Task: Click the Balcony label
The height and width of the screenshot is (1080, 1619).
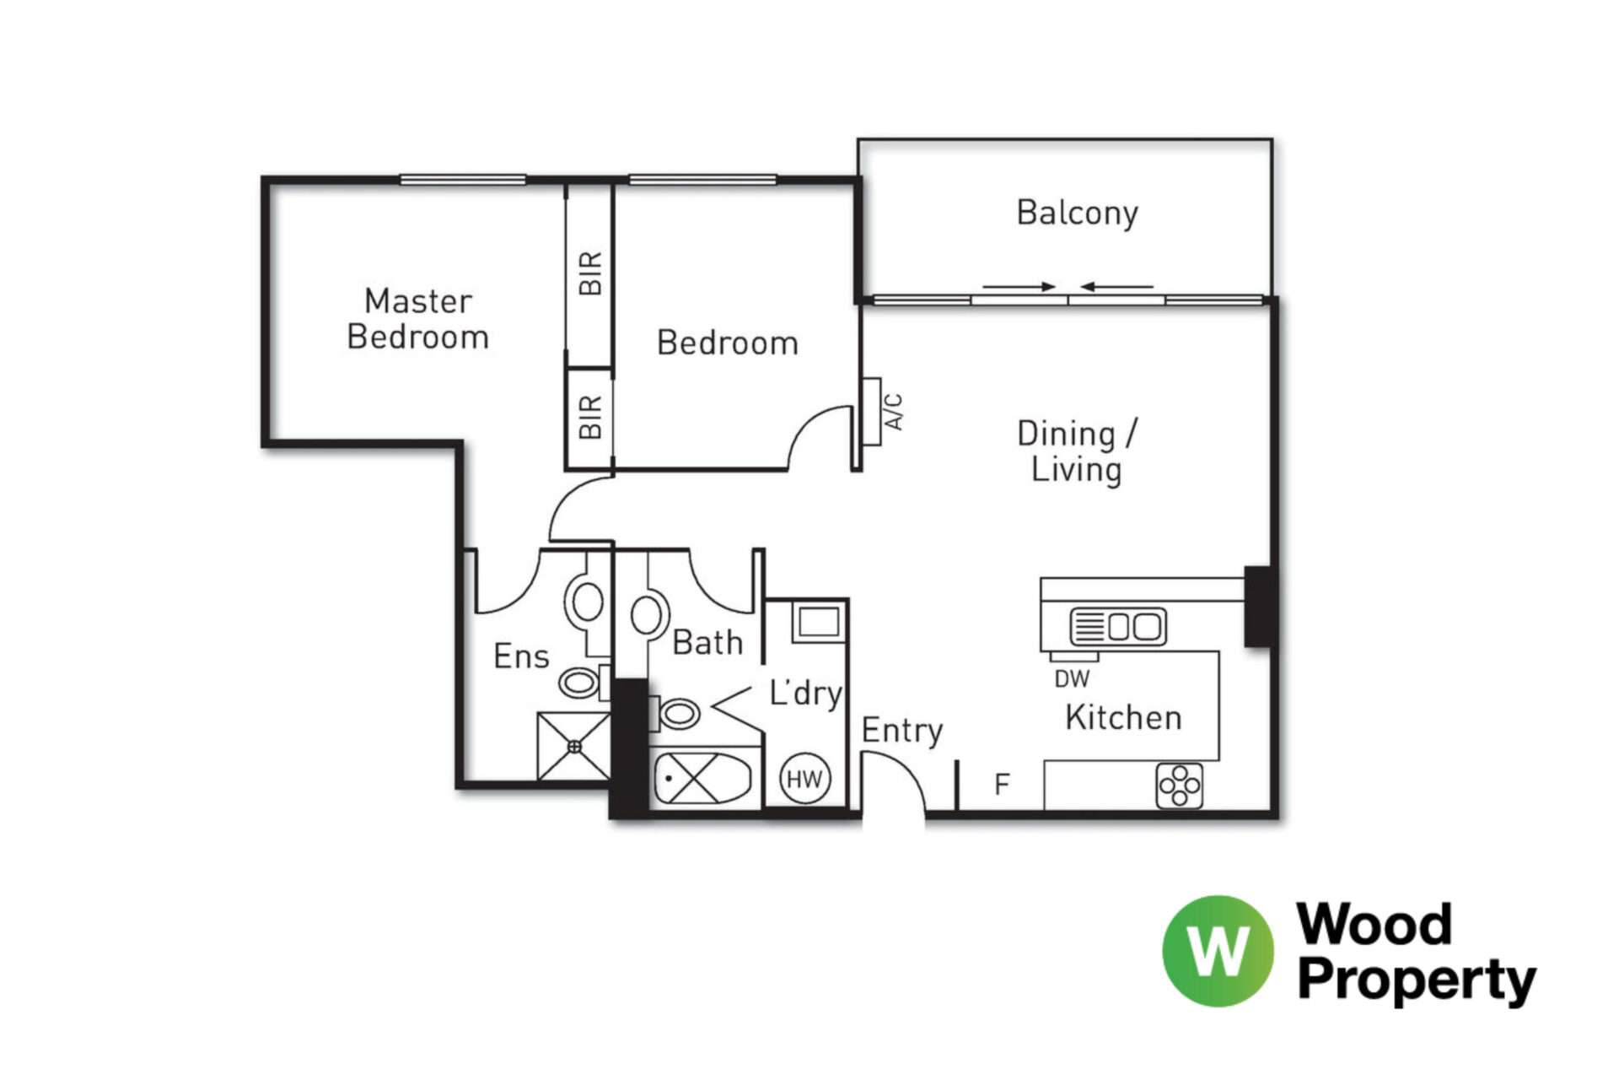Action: coord(1077,213)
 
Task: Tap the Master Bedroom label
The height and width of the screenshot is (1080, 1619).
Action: coord(418,319)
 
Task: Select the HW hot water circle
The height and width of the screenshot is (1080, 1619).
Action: coord(804,779)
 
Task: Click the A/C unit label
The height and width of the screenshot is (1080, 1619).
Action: coord(894,411)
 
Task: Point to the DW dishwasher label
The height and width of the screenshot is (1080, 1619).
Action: coord(1072,678)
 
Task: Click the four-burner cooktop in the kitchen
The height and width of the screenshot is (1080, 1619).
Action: coord(1179,786)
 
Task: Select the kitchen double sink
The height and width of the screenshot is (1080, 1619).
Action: coord(1118,627)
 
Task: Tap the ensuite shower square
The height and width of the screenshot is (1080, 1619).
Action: coord(574,747)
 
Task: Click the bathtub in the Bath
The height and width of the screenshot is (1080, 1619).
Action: coord(702,778)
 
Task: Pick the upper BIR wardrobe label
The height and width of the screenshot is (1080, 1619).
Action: coord(591,273)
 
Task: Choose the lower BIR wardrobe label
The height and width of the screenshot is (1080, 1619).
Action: coord(591,417)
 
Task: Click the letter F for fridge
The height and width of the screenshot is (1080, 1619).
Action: coord(1002,785)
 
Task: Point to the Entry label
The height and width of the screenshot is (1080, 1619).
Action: coord(902,731)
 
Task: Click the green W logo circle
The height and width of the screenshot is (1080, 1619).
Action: coord(1218,951)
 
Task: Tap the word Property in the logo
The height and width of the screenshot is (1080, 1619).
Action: coord(1417,981)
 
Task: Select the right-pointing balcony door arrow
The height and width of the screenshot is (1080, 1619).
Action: coord(1019,287)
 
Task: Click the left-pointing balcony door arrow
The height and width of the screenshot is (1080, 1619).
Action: coord(1117,287)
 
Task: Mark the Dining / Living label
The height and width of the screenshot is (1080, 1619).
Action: coord(1078,452)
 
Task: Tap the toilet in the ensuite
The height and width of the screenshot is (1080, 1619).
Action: coord(579,682)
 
